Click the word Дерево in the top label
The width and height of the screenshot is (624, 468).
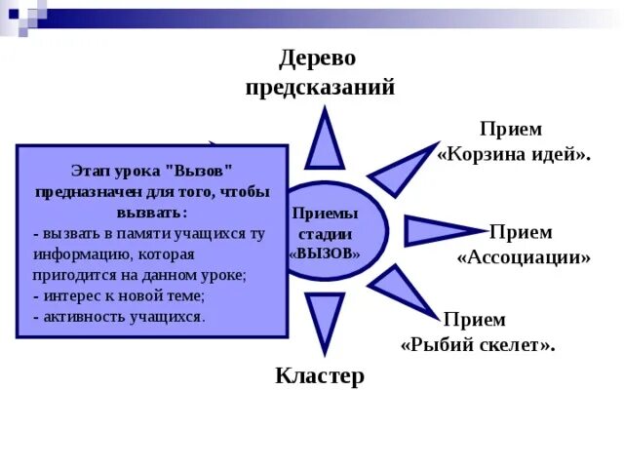pos(319,59)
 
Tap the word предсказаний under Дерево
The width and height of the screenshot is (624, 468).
pos(319,88)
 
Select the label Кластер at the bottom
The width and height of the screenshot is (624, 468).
pos(319,376)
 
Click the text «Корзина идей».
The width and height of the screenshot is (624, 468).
pos(514,155)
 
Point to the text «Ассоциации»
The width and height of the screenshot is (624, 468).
pos(524,258)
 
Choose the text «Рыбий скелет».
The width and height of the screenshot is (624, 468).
pos(478,345)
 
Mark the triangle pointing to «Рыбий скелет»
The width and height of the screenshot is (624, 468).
pos(400,291)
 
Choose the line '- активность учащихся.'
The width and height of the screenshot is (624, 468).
pos(119,317)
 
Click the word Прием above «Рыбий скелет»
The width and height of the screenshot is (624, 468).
pos(474,320)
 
